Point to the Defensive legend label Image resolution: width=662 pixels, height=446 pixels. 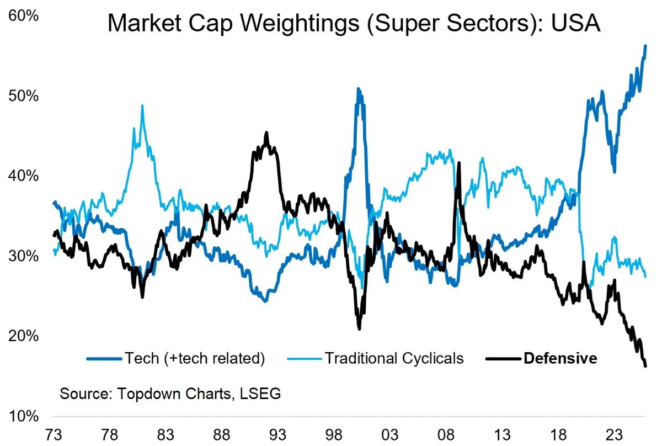pyautogui.click(x=560, y=359)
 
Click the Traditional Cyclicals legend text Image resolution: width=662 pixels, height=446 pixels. pyautogui.click(x=394, y=359)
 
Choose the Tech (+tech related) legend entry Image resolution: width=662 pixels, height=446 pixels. pyautogui.click(x=195, y=359)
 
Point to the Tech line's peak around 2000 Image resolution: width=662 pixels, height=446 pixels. pyautogui.click(x=359, y=88)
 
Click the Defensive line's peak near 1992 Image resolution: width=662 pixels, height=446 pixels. pyautogui.click(x=266, y=132)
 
